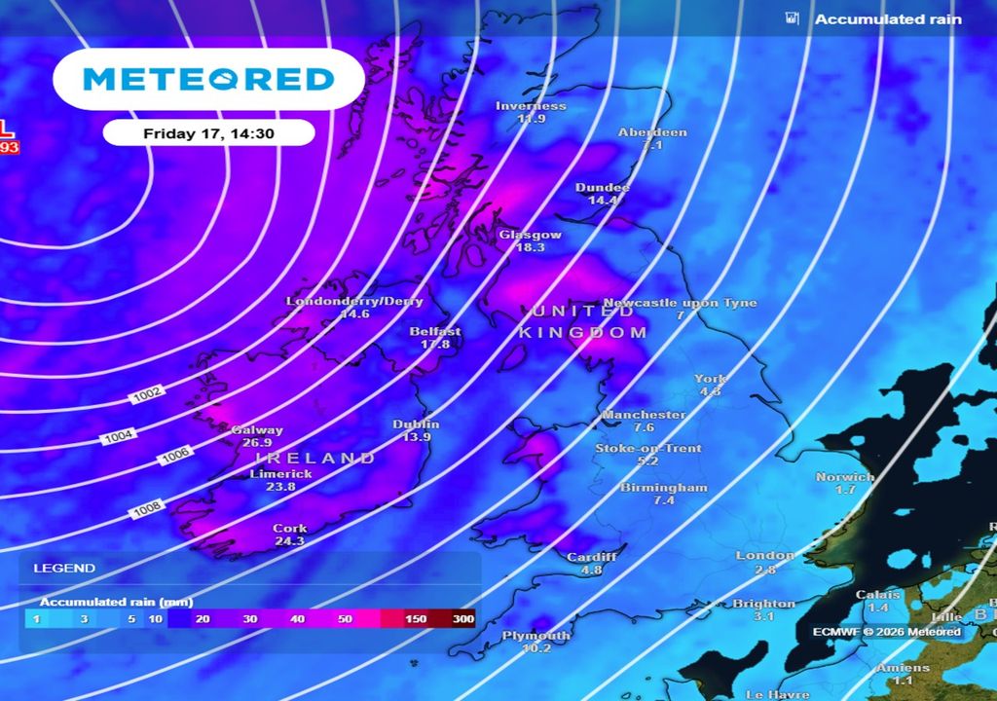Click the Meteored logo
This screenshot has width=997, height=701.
208,80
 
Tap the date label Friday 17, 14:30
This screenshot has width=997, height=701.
208,133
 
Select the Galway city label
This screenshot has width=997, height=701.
257,430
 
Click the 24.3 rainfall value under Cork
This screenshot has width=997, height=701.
289,541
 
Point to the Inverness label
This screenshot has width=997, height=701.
531,106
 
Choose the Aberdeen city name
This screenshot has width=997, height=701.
652,132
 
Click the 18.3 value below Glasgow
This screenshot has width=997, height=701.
530,248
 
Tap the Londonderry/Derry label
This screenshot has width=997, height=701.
354,301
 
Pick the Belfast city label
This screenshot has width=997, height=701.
435,331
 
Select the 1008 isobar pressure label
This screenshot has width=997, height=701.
145,507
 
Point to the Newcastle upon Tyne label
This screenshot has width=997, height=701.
680,303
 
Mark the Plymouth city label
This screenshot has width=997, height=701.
535,636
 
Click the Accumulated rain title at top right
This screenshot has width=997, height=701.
887,19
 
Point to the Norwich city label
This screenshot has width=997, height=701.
844,477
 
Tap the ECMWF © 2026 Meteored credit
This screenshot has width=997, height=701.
887,632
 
